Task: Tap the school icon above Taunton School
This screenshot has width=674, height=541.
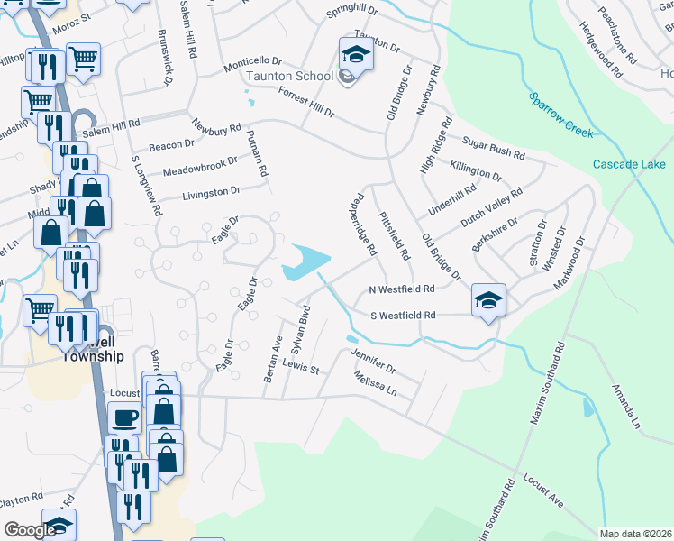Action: coord(355,53)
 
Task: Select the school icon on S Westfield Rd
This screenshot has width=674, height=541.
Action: coord(488,299)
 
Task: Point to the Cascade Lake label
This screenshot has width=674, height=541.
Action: coord(629,164)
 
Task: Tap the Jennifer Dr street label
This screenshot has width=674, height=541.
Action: coord(373,363)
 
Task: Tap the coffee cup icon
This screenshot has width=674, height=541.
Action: coord(124,417)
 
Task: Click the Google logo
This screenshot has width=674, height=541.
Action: coord(29,530)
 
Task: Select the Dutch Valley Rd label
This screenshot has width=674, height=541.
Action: coord(491,207)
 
